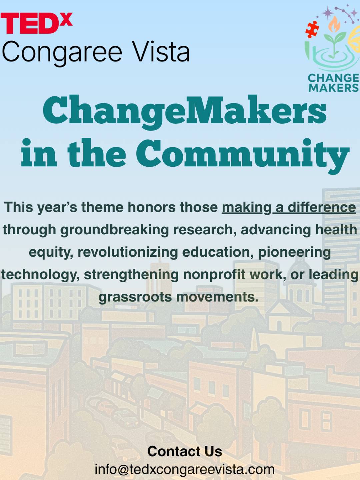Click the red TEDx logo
point(36,23)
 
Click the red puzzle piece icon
point(312,29)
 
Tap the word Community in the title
point(243,155)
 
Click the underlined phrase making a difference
point(289,207)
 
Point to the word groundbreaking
point(114,230)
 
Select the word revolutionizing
point(128,252)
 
